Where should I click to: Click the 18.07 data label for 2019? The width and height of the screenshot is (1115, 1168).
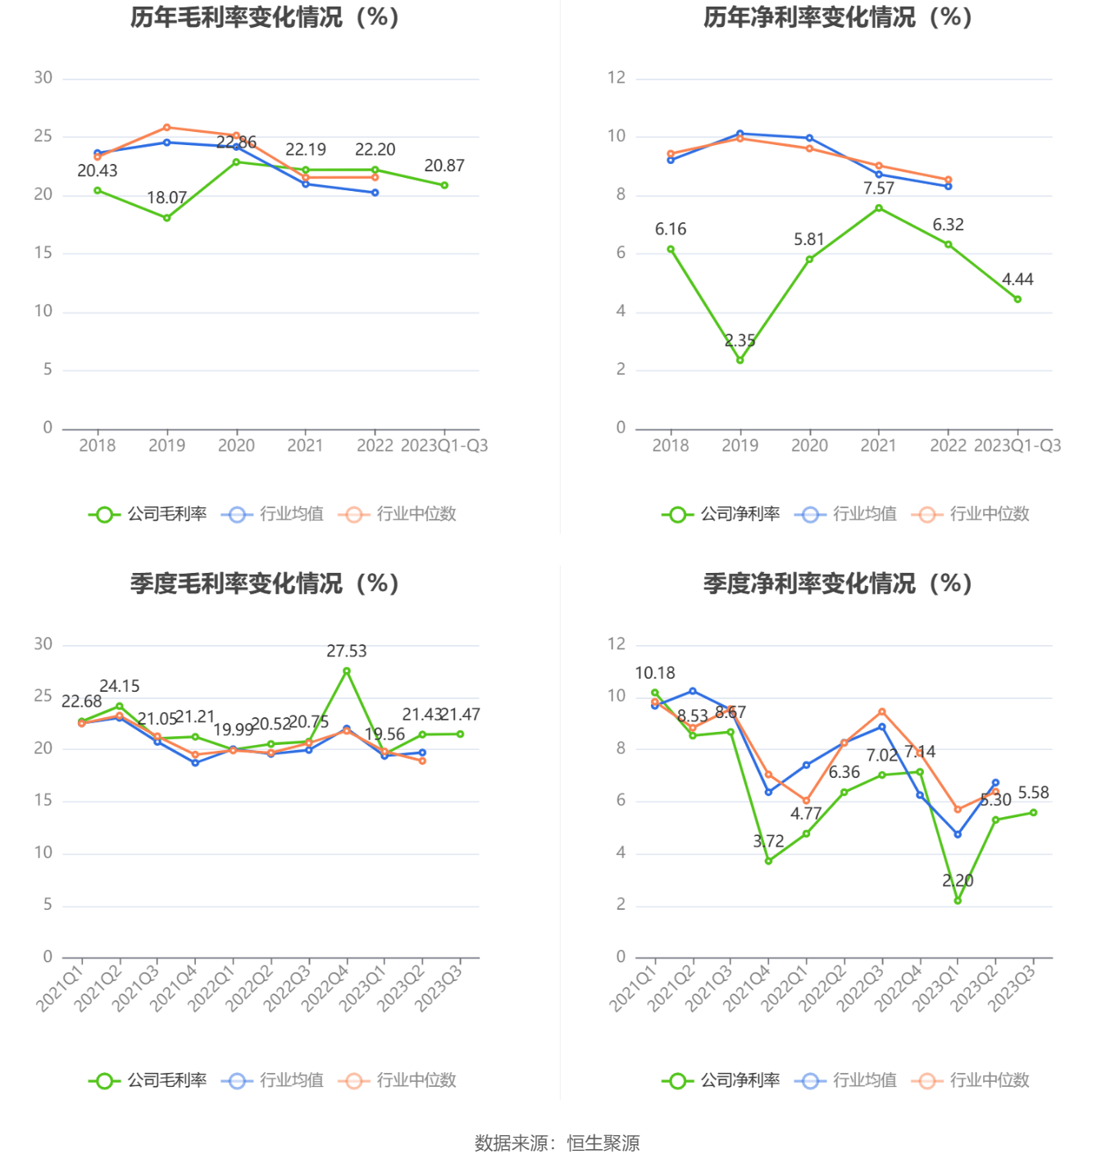coord(166,198)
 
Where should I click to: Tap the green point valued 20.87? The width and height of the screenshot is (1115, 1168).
coord(444,185)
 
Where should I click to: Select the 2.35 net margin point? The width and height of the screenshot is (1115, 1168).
coord(740,360)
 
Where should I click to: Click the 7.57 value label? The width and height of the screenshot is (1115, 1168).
coord(878,189)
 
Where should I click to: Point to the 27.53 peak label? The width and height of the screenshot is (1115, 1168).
coord(346,652)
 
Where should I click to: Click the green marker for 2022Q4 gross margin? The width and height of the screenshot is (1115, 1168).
coord(347,671)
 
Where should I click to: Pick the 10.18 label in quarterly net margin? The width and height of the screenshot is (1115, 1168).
coord(655,673)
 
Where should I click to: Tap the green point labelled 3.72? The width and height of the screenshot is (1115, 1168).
coord(768,861)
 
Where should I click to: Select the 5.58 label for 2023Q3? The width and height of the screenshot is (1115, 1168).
coord(1033,793)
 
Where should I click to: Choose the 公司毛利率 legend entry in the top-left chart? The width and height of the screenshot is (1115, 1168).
coord(148,514)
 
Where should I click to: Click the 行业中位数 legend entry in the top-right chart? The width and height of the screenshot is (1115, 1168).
coord(971,514)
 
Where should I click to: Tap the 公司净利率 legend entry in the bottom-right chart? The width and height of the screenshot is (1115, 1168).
coord(721,1080)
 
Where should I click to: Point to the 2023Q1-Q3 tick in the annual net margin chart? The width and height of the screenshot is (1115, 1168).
coord(1017,445)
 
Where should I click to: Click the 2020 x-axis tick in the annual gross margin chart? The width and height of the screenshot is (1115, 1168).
coord(236,445)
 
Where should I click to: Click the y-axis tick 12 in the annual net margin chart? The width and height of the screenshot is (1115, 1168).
coord(617,78)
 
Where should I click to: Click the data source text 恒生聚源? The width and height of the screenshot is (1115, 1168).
coord(603,1143)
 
